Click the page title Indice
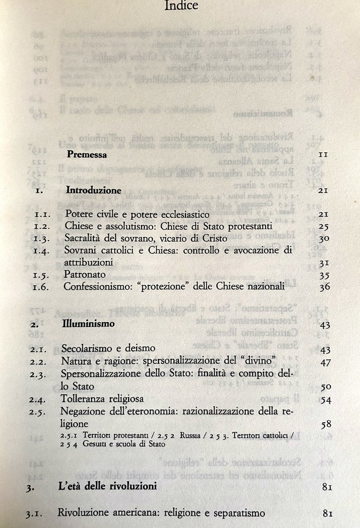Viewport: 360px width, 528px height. tap(181, 6)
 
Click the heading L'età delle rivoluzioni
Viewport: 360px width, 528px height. tap(107, 487)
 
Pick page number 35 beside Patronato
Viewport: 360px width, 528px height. tap(325, 275)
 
